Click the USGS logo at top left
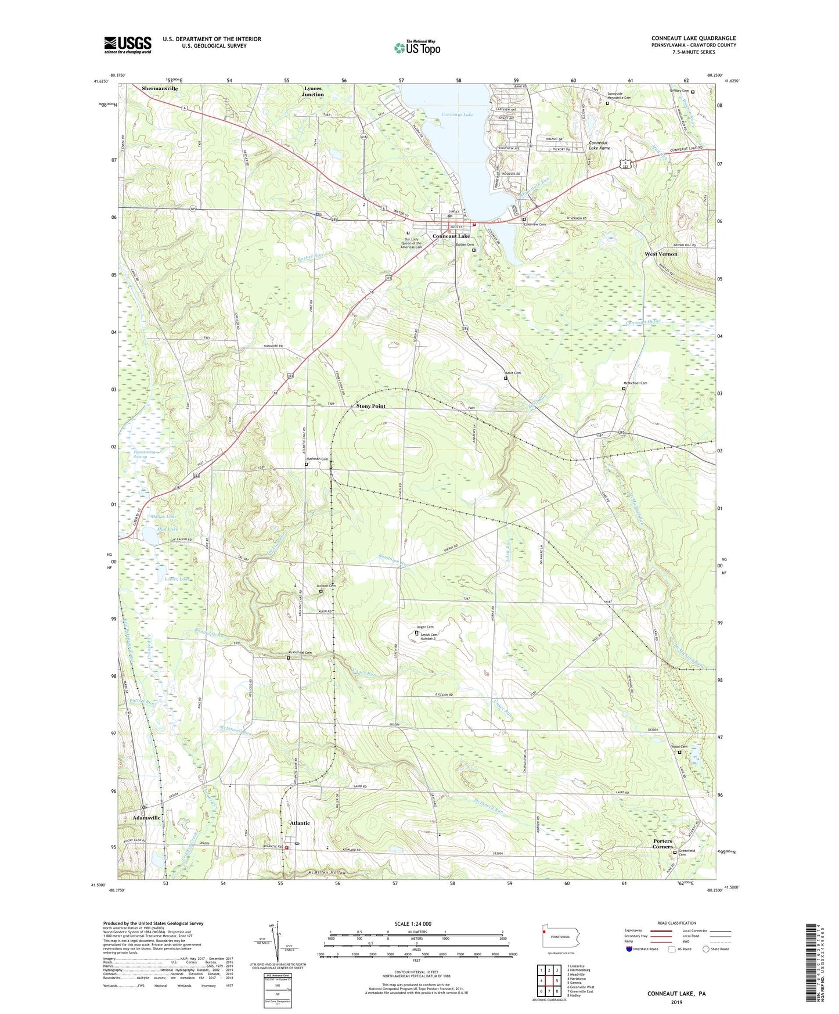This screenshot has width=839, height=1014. point(128,45)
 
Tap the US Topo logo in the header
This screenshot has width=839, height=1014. point(416,47)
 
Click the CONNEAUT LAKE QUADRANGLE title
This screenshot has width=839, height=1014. point(693,38)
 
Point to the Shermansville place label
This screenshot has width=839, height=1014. point(160,88)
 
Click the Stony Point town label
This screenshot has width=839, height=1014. point(370,406)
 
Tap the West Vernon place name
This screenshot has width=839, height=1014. point(661,254)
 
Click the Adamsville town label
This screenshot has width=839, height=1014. point(146,817)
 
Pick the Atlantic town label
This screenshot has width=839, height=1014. point(300,823)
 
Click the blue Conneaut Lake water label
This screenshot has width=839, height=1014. point(457,115)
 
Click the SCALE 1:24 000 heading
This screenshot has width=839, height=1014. point(412,923)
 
